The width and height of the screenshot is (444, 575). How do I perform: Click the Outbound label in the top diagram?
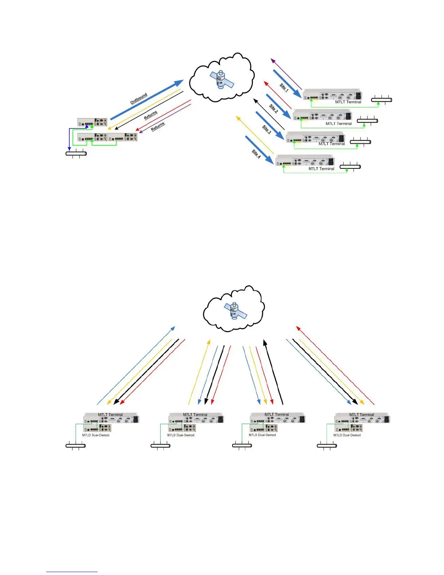[139, 98]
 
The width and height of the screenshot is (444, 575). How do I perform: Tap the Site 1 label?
[284, 87]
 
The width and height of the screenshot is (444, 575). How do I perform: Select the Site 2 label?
[274, 108]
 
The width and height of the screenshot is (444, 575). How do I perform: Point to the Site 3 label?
[267, 130]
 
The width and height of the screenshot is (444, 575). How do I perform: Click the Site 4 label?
[256, 154]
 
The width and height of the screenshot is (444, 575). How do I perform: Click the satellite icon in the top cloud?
[221, 80]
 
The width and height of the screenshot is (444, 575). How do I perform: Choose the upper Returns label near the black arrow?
[151, 115]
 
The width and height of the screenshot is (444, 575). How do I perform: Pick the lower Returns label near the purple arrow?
[158, 126]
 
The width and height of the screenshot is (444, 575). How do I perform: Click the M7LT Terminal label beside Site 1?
[348, 102]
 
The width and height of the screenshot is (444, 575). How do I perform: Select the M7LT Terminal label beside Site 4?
[321, 169]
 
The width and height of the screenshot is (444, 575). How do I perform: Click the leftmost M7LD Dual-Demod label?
[96, 435]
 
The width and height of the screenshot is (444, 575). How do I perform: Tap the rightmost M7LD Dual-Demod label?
[347, 435]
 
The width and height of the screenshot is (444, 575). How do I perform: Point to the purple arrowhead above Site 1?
[273, 60]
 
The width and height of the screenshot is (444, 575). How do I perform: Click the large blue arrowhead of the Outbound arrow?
[179, 83]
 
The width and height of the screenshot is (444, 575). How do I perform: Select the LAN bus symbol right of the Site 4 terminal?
[350, 167]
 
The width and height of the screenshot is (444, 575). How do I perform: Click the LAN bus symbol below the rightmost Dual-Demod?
[327, 445]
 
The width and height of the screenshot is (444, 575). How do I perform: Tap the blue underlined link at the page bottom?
[72, 572]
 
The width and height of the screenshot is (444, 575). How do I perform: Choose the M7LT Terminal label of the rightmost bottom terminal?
[362, 415]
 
